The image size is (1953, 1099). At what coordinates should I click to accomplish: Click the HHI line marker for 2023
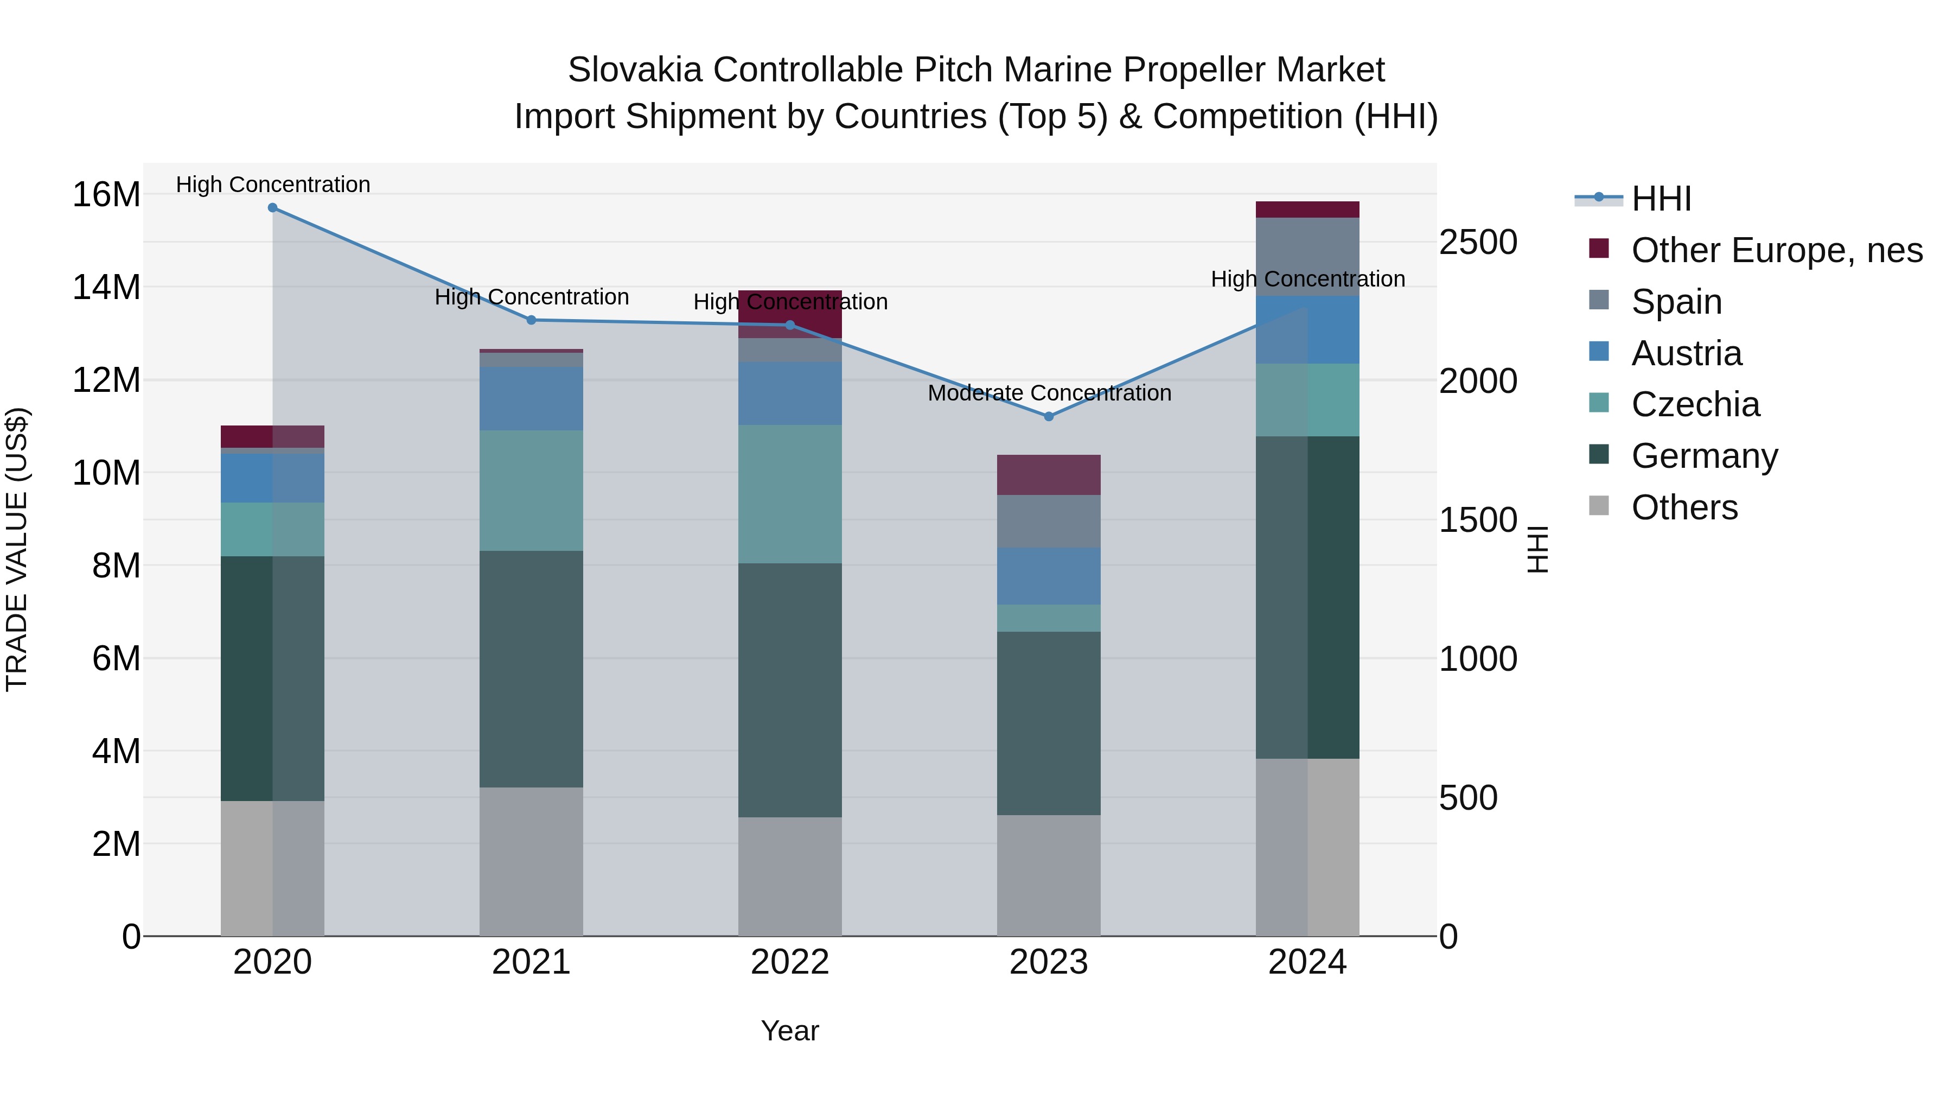1049,416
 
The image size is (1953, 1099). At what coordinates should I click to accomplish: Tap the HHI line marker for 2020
273,208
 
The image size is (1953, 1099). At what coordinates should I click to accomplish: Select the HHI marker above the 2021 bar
532,320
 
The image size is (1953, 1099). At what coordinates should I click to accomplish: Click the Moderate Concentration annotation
1049,393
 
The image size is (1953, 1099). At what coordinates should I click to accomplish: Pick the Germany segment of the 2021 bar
532,669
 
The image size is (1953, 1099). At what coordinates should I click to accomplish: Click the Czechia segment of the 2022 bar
790,494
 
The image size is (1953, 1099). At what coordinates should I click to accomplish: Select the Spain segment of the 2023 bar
1049,522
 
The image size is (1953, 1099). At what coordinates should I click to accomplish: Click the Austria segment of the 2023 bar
1049,576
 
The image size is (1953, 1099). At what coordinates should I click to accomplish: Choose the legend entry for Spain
1676,302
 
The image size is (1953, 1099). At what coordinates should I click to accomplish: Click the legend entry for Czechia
1694,404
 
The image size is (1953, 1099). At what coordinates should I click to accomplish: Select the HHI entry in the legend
1661,199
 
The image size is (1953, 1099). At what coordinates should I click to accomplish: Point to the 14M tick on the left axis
106,288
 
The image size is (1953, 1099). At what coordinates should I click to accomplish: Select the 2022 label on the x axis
790,962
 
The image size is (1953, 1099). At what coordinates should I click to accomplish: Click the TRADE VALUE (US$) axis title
17,549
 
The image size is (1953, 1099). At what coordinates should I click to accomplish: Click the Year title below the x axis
790,1031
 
